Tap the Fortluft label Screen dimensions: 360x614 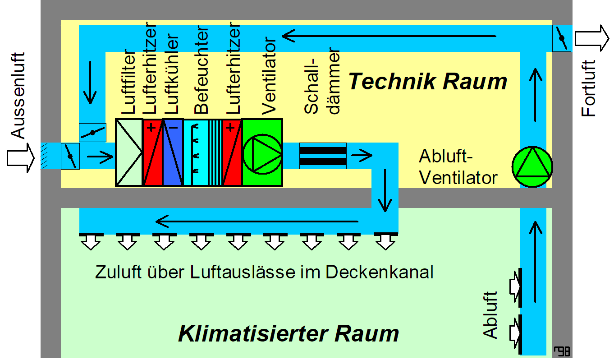coord(588,89)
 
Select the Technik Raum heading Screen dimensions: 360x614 coord(428,82)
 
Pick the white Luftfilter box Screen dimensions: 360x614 coord(129,152)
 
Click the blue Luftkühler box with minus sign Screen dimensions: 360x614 coord(173,152)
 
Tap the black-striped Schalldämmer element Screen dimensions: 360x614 coord(323,156)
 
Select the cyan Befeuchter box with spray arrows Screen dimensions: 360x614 coord(195,152)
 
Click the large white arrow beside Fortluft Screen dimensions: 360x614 coord(591,37)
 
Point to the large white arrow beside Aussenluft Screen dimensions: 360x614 coord(21,157)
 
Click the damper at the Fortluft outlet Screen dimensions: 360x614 coord(561,38)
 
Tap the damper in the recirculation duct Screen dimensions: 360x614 coord(92,132)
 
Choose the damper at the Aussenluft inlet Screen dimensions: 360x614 coord(70,157)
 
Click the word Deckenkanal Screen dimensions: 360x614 coord(379,272)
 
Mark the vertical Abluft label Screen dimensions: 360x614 coord(490,314)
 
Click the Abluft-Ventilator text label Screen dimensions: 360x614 coord(458,166)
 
